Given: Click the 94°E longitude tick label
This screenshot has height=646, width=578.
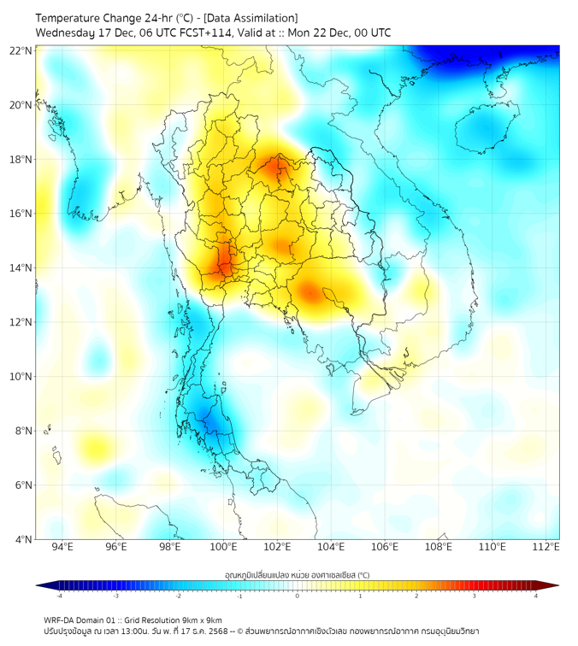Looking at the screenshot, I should [x=62, y=548].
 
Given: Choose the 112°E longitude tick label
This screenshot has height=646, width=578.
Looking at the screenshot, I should [x=546, y=548].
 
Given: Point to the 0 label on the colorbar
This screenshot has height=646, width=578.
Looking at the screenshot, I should [x=298, y=596].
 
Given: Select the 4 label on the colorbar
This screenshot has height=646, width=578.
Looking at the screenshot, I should [x=535, y=596].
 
